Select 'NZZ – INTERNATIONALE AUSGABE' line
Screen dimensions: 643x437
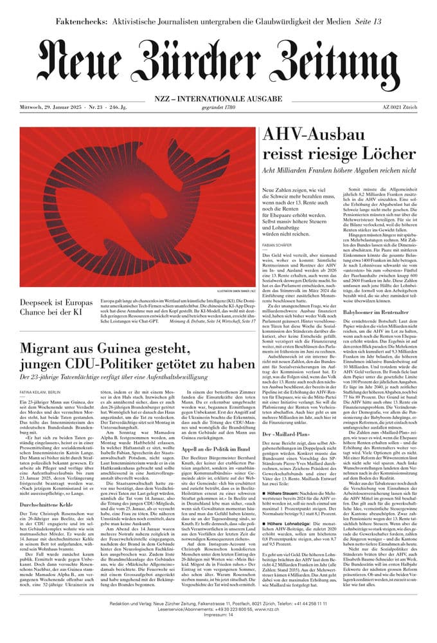click(219, 98)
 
